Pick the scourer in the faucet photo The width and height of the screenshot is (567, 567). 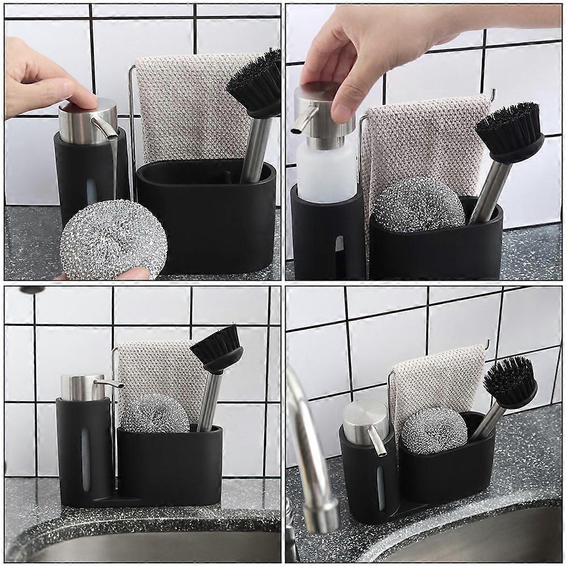(434, 430)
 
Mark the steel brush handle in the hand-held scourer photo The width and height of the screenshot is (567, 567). (256, 150)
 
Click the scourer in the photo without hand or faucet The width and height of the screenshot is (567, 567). (154, 414)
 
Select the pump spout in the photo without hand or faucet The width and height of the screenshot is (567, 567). (110, 383)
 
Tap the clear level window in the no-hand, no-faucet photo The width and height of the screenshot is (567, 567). (85, 458)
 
